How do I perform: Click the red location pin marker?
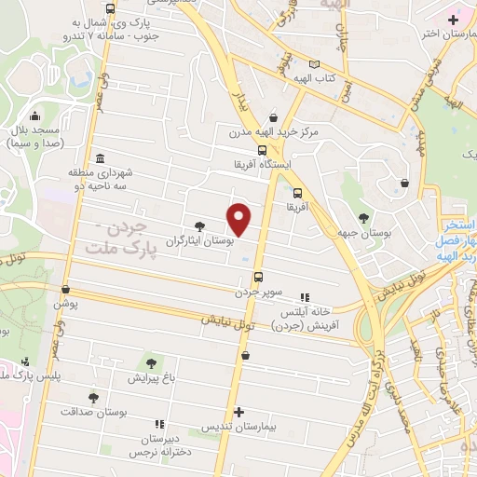[x=239, y=218]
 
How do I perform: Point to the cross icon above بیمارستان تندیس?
[x=239, y=412]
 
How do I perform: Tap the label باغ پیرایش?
[x=151, y=379]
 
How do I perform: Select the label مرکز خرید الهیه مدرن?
[x=275, y=132]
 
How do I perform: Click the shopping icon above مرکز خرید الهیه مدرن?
[x=273, y=117]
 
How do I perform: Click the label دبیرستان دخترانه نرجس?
[x=157, y=443]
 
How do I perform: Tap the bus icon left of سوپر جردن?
[x=258, y=277]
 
